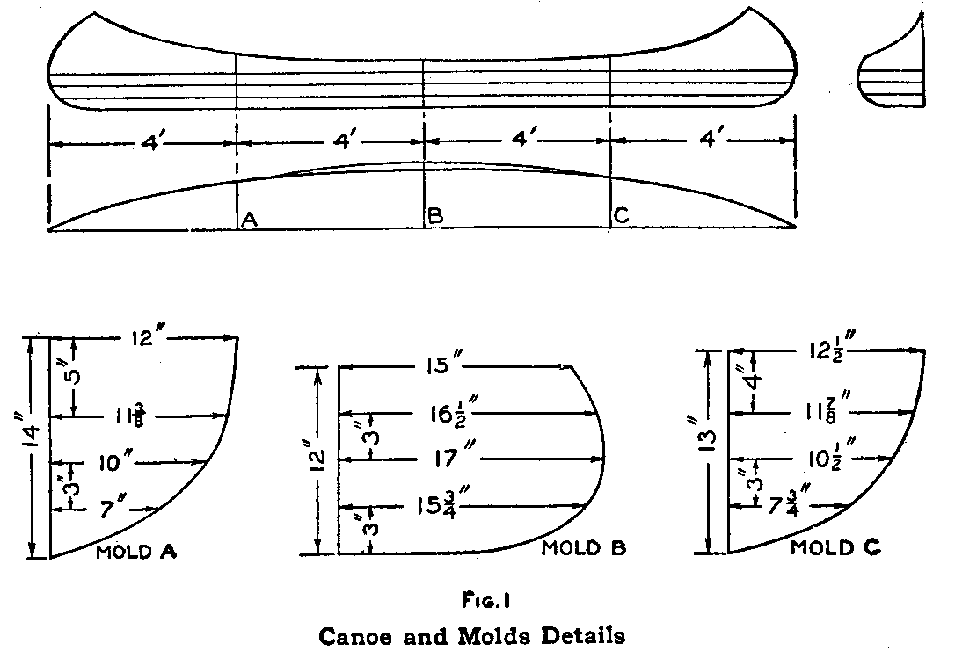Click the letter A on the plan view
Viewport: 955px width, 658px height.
point(249,220)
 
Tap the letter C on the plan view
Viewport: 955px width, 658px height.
point(622,218)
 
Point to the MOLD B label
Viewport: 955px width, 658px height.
point(583,549)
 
